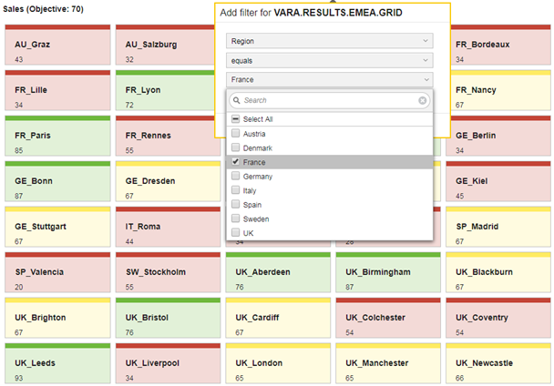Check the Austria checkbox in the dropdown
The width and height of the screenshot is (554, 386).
[x=235, y=133]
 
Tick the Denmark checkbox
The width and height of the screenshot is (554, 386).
[x=235, y=147]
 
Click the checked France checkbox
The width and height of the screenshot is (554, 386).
[x=235, y=162]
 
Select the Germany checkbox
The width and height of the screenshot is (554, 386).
[x=235, y=176]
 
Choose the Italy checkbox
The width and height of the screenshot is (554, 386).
[x=235, y=190]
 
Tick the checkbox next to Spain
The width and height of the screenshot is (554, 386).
[x=235, y=204]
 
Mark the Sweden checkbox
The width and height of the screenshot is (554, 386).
[x=235, y=218]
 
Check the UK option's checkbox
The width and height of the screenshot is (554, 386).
[x=235, y=232]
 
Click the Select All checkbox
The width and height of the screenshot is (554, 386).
[x=235, y=118]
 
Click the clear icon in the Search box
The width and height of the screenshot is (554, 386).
[x=422, y=101]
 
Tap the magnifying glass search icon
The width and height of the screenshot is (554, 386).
[x=237, y=100]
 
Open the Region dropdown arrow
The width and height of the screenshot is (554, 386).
[x=426, y=41]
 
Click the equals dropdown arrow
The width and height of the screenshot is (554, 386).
[x=426, y=60]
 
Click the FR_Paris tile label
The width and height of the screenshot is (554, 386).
[x=33, y=136]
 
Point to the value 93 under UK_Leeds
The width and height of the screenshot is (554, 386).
[x=19, y=378]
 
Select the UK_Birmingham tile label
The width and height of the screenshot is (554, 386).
[x=378, y=272]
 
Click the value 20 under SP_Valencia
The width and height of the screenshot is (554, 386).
[x=19, y=287]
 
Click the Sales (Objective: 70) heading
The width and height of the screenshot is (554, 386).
[x=43, y=9]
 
